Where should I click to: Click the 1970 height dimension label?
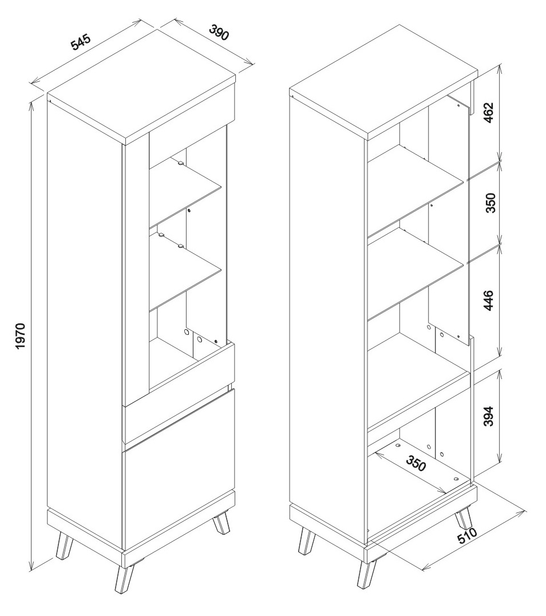[20, 336]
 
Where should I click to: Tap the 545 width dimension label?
[81, 42]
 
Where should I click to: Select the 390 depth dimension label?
[218, 33]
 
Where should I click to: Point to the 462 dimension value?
[489, 112]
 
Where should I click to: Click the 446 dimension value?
[489, 301]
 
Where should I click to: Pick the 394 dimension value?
[489, 416]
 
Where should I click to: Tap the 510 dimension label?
[466, 536]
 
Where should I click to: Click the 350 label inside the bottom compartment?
[416, 463]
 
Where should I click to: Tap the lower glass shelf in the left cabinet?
[185, 270]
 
